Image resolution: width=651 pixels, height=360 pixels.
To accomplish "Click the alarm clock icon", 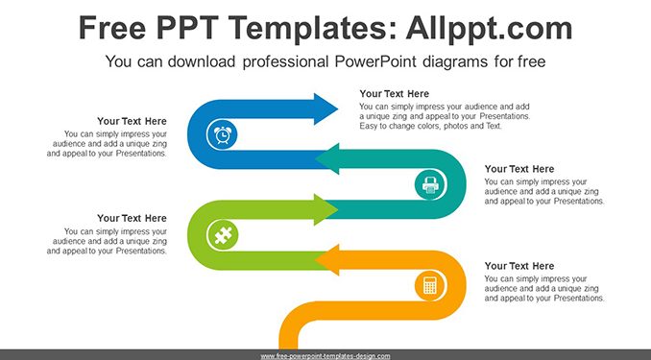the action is (223, 135).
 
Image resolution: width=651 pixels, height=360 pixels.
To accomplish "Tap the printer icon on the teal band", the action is (430, 184).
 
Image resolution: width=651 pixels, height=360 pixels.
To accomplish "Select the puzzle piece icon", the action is (223, 235).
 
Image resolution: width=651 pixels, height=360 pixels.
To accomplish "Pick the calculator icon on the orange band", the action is (430, 285).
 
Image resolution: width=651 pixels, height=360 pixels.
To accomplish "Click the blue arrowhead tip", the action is (338, 109).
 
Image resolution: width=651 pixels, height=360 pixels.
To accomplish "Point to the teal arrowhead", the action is (327, 159).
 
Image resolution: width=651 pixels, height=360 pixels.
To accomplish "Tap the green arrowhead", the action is (325, 209).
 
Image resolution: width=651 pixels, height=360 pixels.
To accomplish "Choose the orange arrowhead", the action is (327, 260).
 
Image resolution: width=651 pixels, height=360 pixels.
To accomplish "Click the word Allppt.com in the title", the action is (489, 28).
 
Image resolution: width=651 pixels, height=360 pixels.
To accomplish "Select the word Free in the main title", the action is (112, 28).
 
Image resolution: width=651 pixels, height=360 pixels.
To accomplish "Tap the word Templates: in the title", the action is (311, 28).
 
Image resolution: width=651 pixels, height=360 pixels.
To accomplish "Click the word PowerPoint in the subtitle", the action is (374, 61).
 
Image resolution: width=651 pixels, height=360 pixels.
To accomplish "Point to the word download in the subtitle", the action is (202, 61).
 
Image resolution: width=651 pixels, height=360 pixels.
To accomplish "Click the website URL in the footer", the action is (325, 356).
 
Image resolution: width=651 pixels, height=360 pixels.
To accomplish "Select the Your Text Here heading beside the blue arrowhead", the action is (394, 94).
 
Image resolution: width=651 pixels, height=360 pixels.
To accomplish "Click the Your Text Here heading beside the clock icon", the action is (133, 121).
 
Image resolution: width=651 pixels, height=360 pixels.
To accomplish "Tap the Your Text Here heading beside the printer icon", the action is (519, 169).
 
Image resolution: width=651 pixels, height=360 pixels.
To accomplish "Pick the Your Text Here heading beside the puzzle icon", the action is (133, 219).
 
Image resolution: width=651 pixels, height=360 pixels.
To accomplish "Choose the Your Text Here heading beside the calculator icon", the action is (519, 266).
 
